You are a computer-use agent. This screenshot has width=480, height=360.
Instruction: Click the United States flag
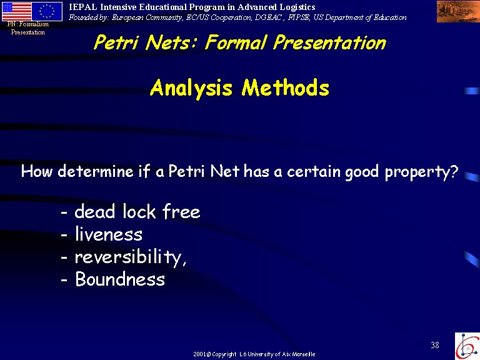[x=16, y=11]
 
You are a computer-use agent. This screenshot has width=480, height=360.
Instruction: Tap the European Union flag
[x=47, y=11]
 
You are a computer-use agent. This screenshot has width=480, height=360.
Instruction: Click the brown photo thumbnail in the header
[x=458, y=12]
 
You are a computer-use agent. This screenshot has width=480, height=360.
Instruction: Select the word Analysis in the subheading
[x=191, y=89]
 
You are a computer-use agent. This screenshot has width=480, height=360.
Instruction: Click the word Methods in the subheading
[x=285, y=88]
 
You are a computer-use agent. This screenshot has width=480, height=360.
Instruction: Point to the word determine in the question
[x=96, y=171]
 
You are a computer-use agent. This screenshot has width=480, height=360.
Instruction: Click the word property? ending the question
[x=421, y=172]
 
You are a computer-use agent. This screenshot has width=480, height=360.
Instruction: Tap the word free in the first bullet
[x=181, y=211]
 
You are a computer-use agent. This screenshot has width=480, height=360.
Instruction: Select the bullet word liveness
[x=109, y=234]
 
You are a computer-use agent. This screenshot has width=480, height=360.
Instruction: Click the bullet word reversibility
[x=130, y=257]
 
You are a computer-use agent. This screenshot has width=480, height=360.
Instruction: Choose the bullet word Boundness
[x=120, y=279]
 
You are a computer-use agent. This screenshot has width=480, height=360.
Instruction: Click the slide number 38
[x=435, y=345]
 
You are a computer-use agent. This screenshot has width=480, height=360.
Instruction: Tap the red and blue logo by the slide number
[x=467, y=346]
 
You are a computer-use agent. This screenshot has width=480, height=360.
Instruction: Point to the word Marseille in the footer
[x=304, y=354]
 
